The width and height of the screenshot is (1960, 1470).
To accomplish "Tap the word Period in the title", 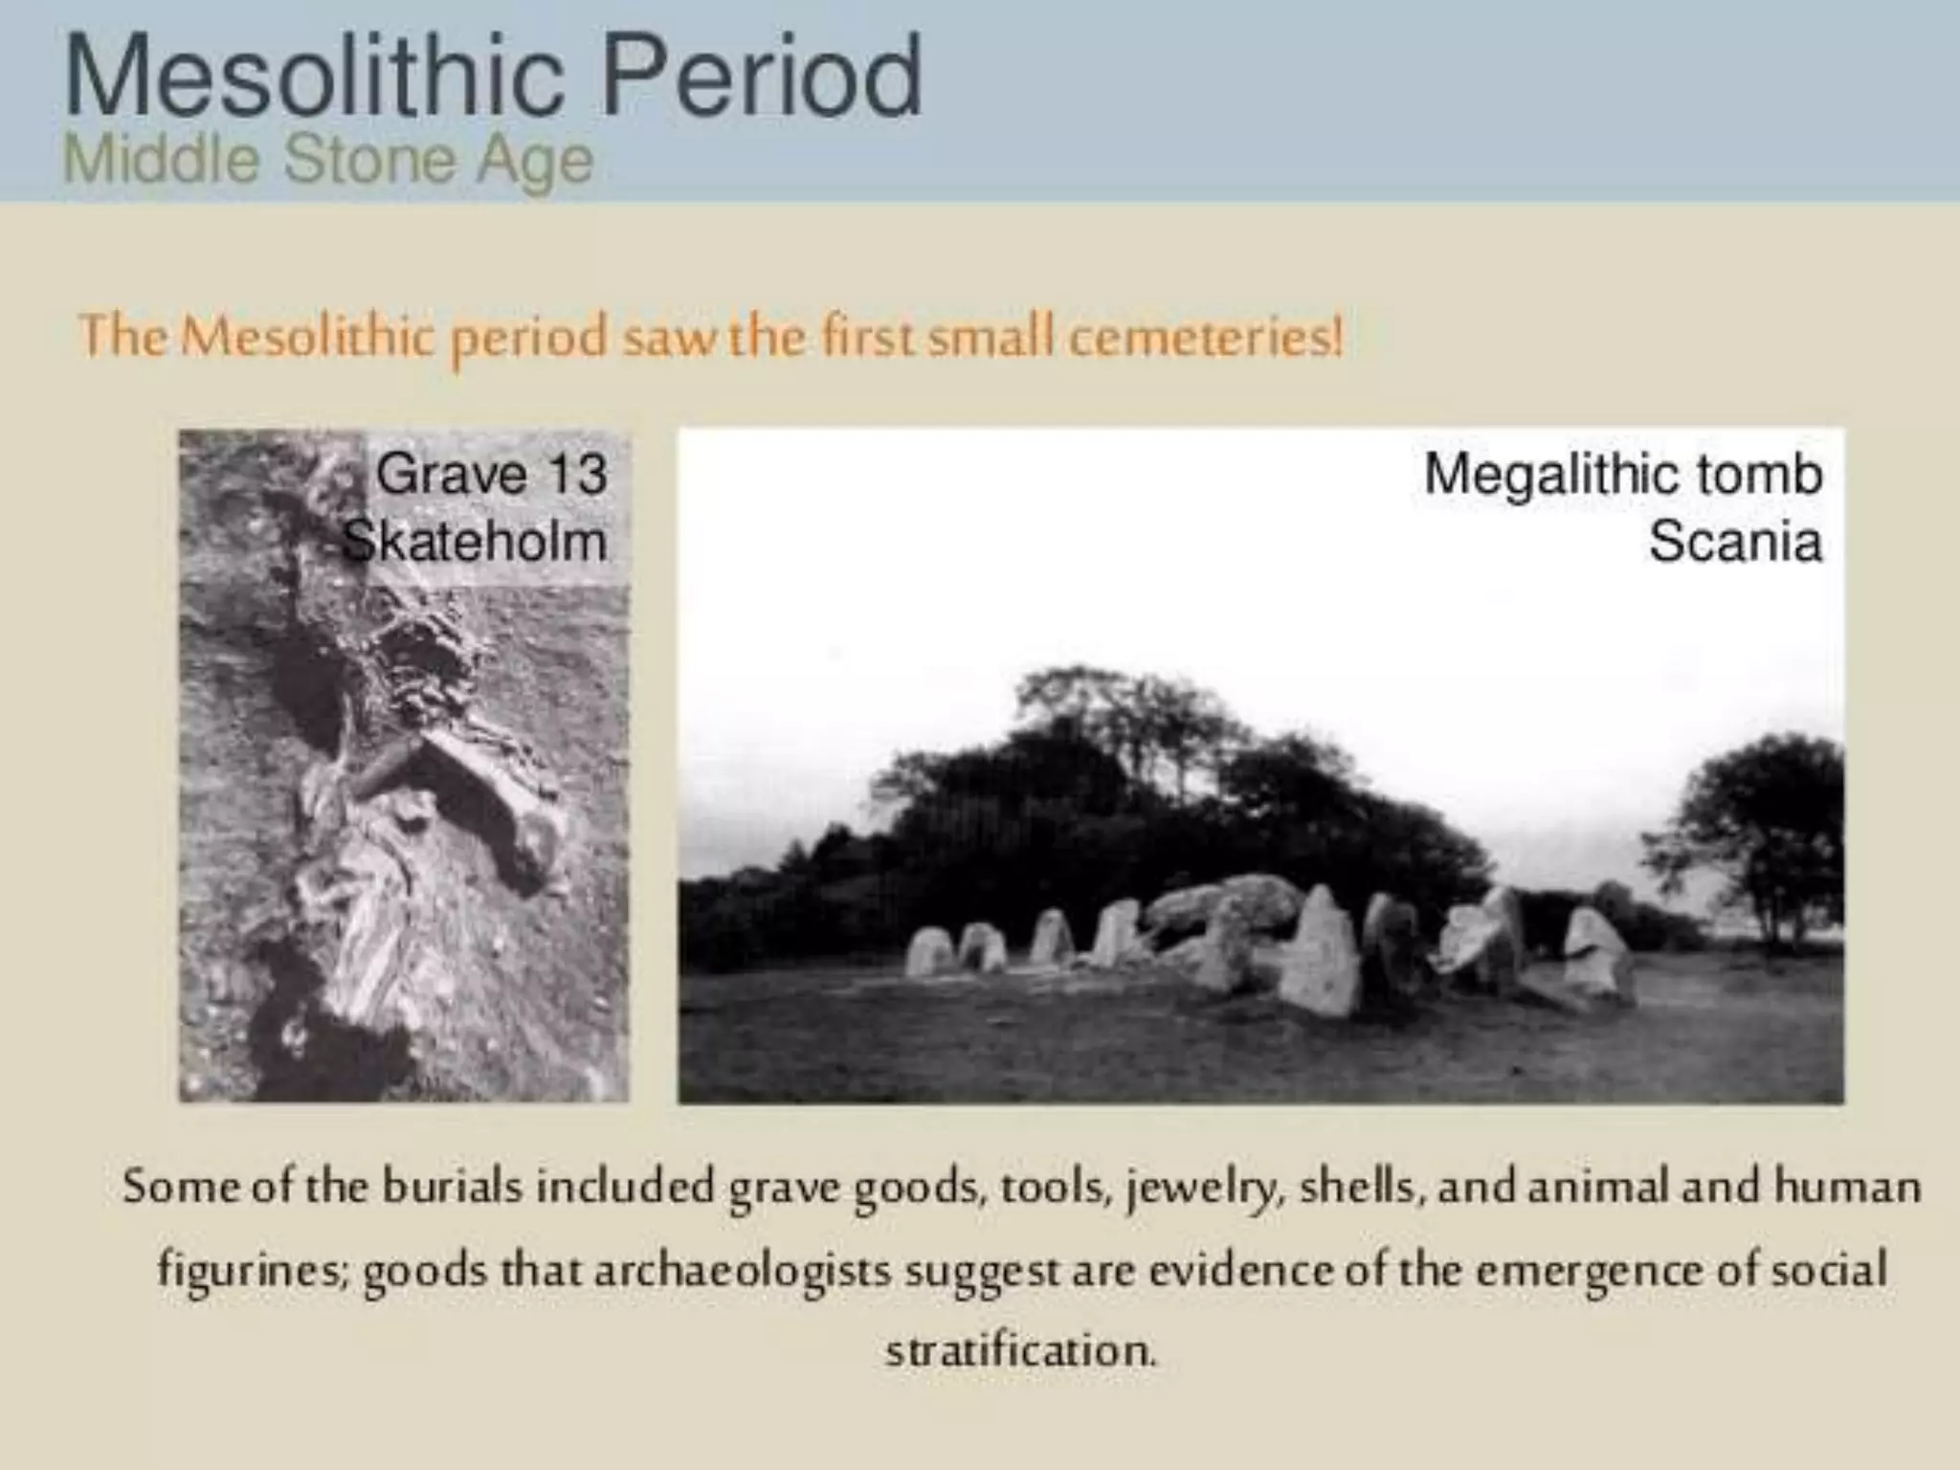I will (x=761, y=77).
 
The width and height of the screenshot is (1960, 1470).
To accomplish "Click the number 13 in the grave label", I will (x=576, y=474).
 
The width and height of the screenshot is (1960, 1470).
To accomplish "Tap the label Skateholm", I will (x=475, y=542).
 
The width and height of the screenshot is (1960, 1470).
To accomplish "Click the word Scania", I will (x=1734, y=542).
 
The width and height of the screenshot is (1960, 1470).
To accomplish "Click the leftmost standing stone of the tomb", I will (x=927, y=951).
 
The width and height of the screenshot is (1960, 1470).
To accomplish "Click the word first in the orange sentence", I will (x=868, y=337).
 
